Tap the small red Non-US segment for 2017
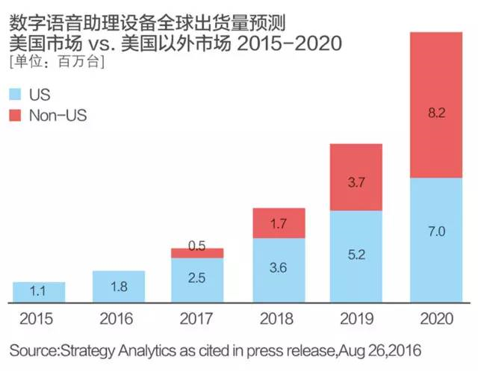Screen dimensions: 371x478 (x=197, y=253)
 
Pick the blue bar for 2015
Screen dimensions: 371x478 (x=39, y=292)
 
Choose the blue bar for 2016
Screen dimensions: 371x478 (x=118, y=286)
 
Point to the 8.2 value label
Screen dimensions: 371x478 (x=436, y=113)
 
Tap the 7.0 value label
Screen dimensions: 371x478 (x=436, y=233)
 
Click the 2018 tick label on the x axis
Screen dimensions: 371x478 (x=277, y=320)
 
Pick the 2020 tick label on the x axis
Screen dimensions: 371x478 (x=436, y=320)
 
